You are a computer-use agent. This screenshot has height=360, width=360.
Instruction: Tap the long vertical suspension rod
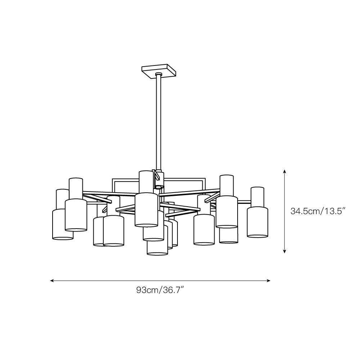(158, 122)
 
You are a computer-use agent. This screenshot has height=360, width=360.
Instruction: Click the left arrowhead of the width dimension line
(53, 280)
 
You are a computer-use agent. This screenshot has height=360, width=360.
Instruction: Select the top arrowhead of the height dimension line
(285, 172)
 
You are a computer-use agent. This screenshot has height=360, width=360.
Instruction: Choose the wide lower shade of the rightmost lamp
(257, 222)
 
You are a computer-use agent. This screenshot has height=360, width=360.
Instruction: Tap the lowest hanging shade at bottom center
(157, 248)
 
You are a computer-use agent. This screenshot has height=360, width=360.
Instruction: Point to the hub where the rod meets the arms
(158, 179)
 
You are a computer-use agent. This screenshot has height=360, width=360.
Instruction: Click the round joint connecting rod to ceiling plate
(158, 75)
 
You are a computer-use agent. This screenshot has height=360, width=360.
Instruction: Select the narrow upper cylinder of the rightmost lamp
(257, 197)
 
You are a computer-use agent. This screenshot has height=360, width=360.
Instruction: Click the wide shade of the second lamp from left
(76, 215)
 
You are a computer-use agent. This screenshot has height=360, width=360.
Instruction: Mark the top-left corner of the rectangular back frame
(113, 179)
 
